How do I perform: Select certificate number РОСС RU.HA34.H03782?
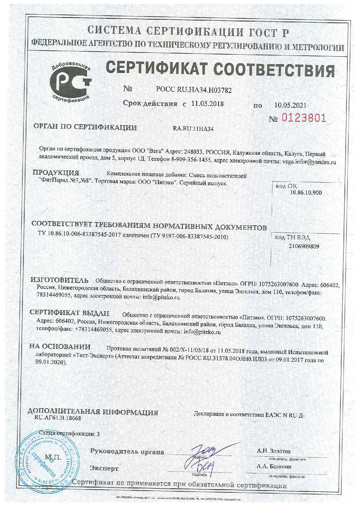click(x=194, y=90)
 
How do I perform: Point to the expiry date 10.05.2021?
click(x=290, y=105)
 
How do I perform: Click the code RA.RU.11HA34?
click(x=193, y=129)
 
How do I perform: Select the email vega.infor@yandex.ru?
click(x=309, y=162)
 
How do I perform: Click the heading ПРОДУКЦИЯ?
click(x=56, y=173)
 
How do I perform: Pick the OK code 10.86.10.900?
click(x=306, y=193)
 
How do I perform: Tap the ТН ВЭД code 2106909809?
click(x=304, y=247)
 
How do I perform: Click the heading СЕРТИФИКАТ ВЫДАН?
click(x=70, y=313)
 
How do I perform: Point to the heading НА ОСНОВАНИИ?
click(x=60, y=347)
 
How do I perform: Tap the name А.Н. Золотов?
click(x=273, y=451)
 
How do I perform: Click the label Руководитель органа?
click(x=127, y=452)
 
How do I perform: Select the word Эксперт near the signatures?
click(x=104, y=468)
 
